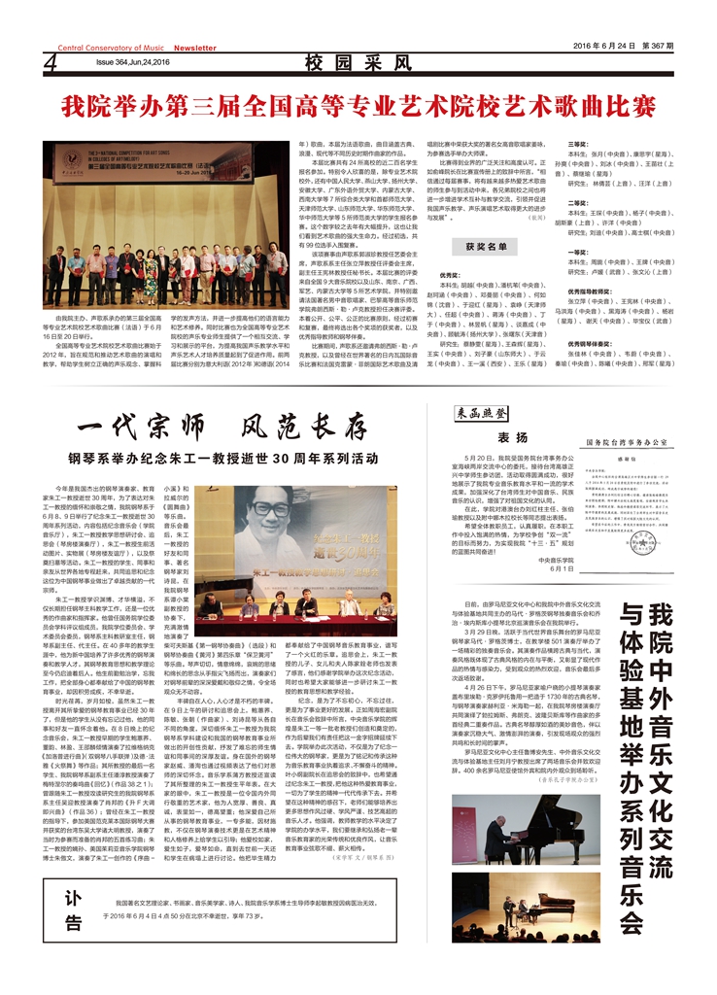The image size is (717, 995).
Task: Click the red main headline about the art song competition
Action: (x=358, y=105)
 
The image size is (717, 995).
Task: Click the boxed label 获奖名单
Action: (x=486, y=247)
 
